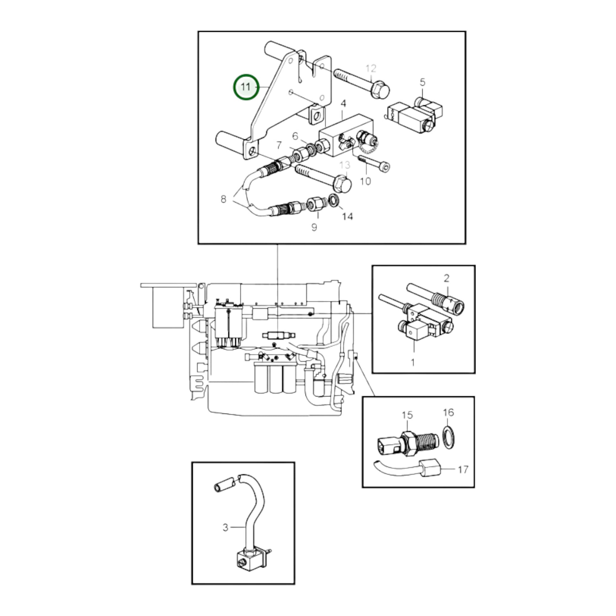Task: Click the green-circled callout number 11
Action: (246, 87)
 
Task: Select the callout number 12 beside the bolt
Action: (371, 69)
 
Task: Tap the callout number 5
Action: (423, 82)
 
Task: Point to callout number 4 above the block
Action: (343, 104)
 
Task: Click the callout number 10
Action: (365, 181)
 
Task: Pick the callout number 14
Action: (348, 217)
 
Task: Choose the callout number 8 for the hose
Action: (223, 199)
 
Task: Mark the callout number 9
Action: (314, 227)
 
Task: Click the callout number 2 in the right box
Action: (446, 278)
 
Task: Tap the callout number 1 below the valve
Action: (413, 362)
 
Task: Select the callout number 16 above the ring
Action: (448, 412)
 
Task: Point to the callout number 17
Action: (463, 469)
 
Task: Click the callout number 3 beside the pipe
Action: (225, 527)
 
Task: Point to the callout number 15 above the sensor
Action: (407, 415)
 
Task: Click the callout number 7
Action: (279, 145)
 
